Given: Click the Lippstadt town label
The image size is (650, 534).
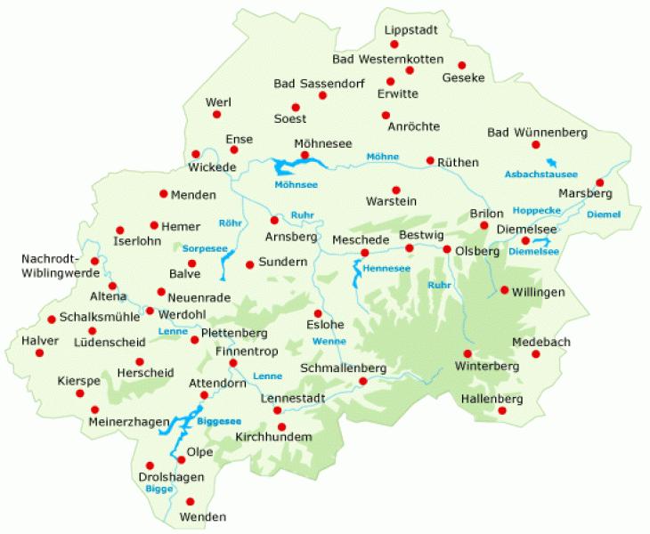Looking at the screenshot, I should point(411,30).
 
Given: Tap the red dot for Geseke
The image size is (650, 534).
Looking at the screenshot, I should point(461,65).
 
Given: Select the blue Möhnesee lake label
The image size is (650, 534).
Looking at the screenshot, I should point(297,184).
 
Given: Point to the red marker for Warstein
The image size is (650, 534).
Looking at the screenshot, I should point(396,190).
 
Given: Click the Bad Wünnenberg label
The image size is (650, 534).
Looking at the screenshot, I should point(538,133).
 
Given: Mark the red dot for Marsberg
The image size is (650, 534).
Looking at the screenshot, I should point(599,182).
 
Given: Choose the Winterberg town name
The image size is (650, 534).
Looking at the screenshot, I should point(486,366).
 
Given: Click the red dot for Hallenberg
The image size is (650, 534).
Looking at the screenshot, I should point(502,410).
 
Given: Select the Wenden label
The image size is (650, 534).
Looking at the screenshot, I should point(203,517).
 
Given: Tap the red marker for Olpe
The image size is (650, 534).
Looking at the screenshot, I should point(181,459).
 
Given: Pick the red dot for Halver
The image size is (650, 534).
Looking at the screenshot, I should point(39,352).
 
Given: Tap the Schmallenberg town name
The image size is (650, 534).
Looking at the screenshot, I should point(343,368).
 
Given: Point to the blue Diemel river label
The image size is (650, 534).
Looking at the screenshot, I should point(604,214).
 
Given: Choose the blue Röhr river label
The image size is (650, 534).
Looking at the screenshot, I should point(228,223).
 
